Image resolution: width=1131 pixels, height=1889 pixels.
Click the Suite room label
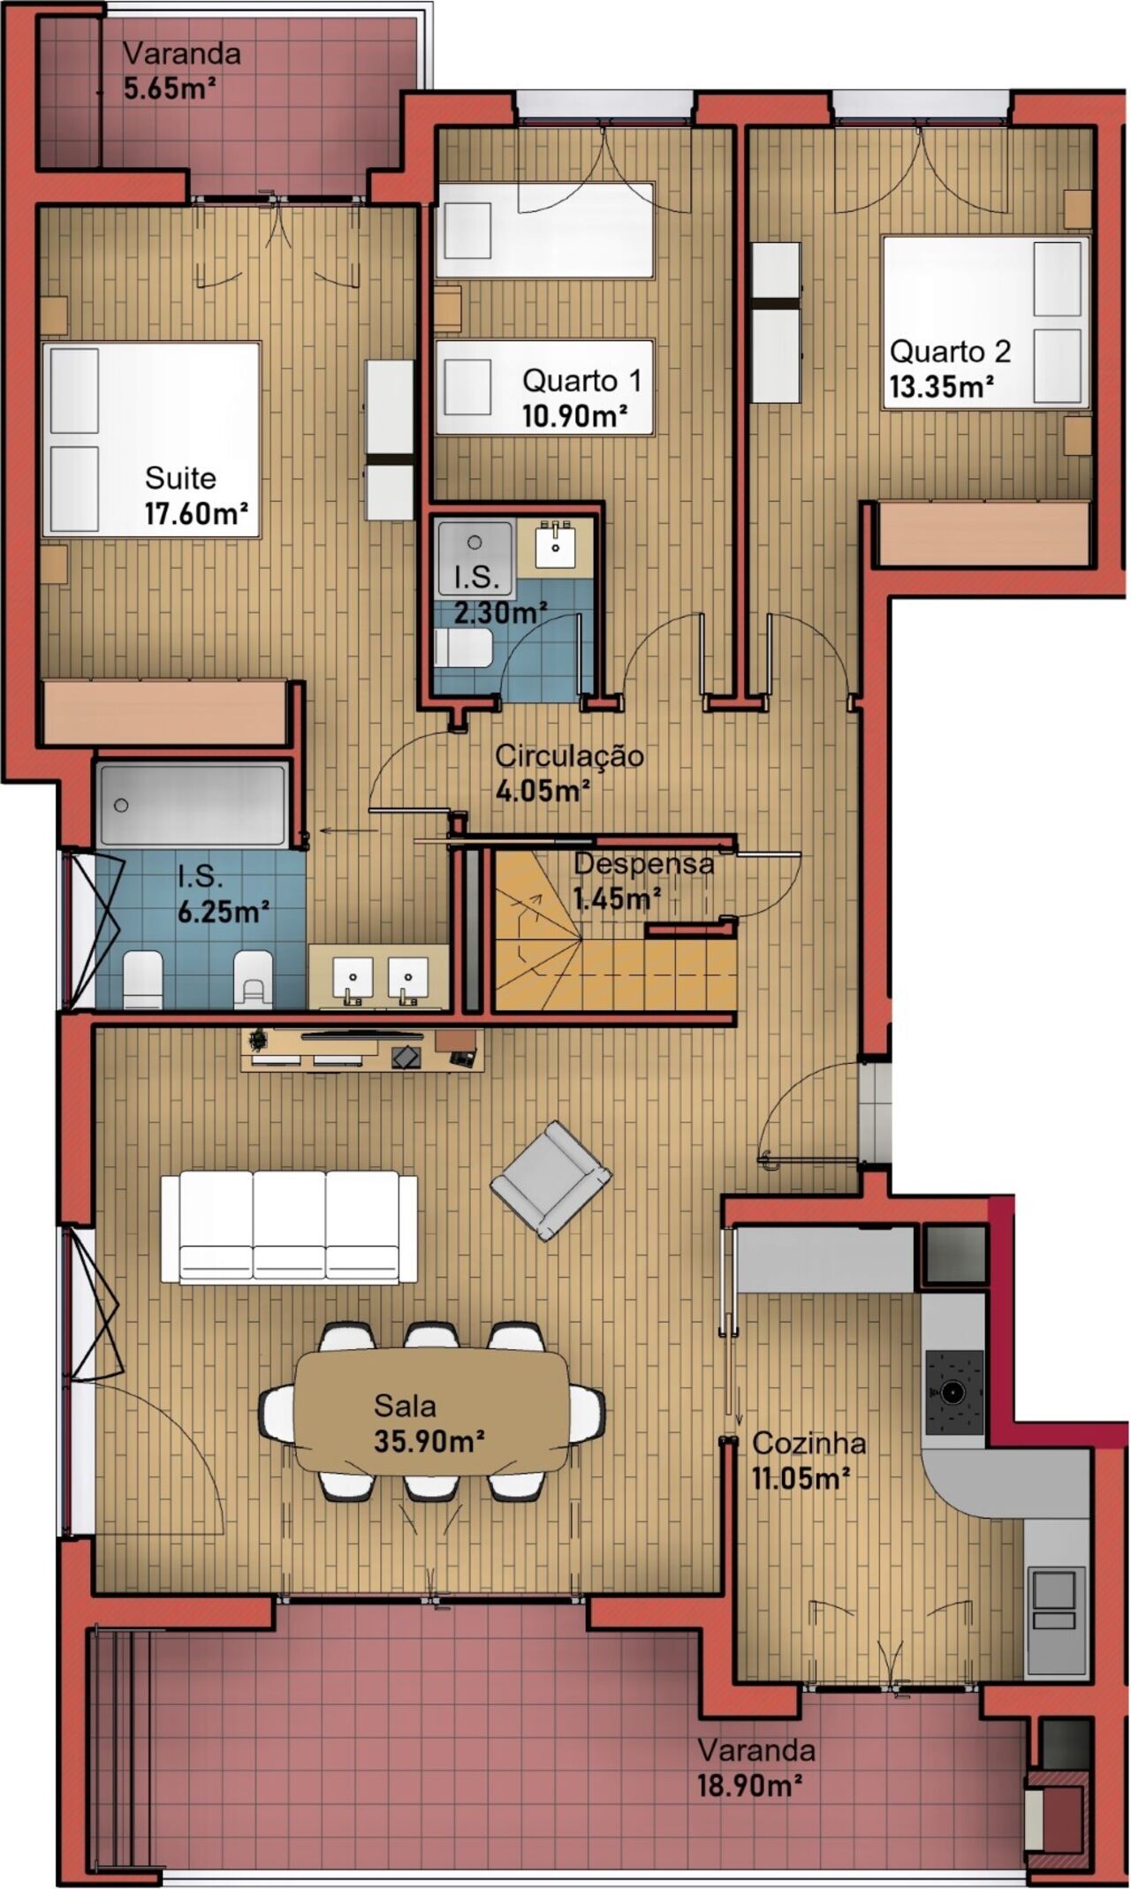point(180,478)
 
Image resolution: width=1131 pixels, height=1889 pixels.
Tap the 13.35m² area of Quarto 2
point(941,387)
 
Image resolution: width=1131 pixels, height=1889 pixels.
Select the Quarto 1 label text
point(581,381)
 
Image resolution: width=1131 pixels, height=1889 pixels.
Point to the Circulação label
point(569,755)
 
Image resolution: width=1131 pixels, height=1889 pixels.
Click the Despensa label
point(643,863)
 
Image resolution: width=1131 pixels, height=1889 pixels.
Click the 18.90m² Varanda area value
point(749,1786)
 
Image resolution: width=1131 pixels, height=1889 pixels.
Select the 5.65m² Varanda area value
point(170,89)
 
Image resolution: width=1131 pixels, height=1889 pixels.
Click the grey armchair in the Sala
point(550,1180)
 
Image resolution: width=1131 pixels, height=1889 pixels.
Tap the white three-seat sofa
point(289,1227)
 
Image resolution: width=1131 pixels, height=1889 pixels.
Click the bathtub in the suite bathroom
point(194,805)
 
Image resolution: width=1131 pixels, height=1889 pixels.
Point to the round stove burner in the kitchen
point(952,1392)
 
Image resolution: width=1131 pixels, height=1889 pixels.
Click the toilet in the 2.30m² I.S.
point(463,649)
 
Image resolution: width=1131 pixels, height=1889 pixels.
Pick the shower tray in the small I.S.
point(474,558)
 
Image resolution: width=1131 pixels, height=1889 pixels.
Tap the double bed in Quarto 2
point(985,322)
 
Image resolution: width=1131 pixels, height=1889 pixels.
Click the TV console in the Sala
point(362,1049)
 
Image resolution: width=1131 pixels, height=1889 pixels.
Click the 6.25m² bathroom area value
point(224,911)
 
